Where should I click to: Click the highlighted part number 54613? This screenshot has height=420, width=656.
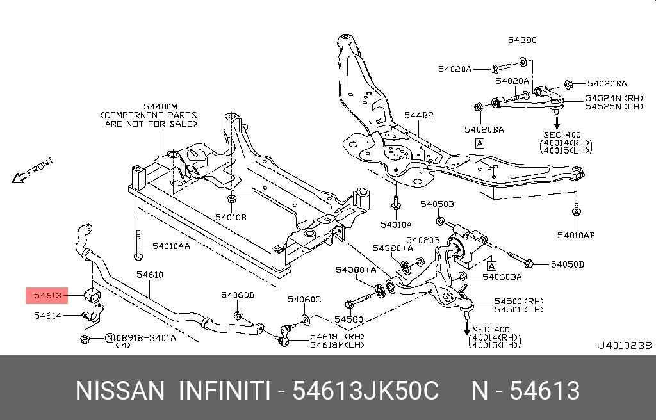coord(47,295)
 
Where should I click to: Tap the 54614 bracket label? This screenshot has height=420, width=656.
coord(47,315)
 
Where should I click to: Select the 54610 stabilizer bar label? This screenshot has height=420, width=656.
coord(150,275)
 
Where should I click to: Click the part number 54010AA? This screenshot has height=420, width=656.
coord(170,246)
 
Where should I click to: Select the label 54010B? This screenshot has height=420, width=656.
coord(231,217)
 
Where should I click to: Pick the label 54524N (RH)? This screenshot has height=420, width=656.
coord(605,99)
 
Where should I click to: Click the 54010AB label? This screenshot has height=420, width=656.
coord(576,235)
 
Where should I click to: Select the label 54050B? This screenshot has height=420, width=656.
coord(437,204)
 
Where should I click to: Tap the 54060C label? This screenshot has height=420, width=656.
coord(304,299)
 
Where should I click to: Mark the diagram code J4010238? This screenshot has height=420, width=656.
coord(625,345)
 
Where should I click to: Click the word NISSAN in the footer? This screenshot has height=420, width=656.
coord(120,390)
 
